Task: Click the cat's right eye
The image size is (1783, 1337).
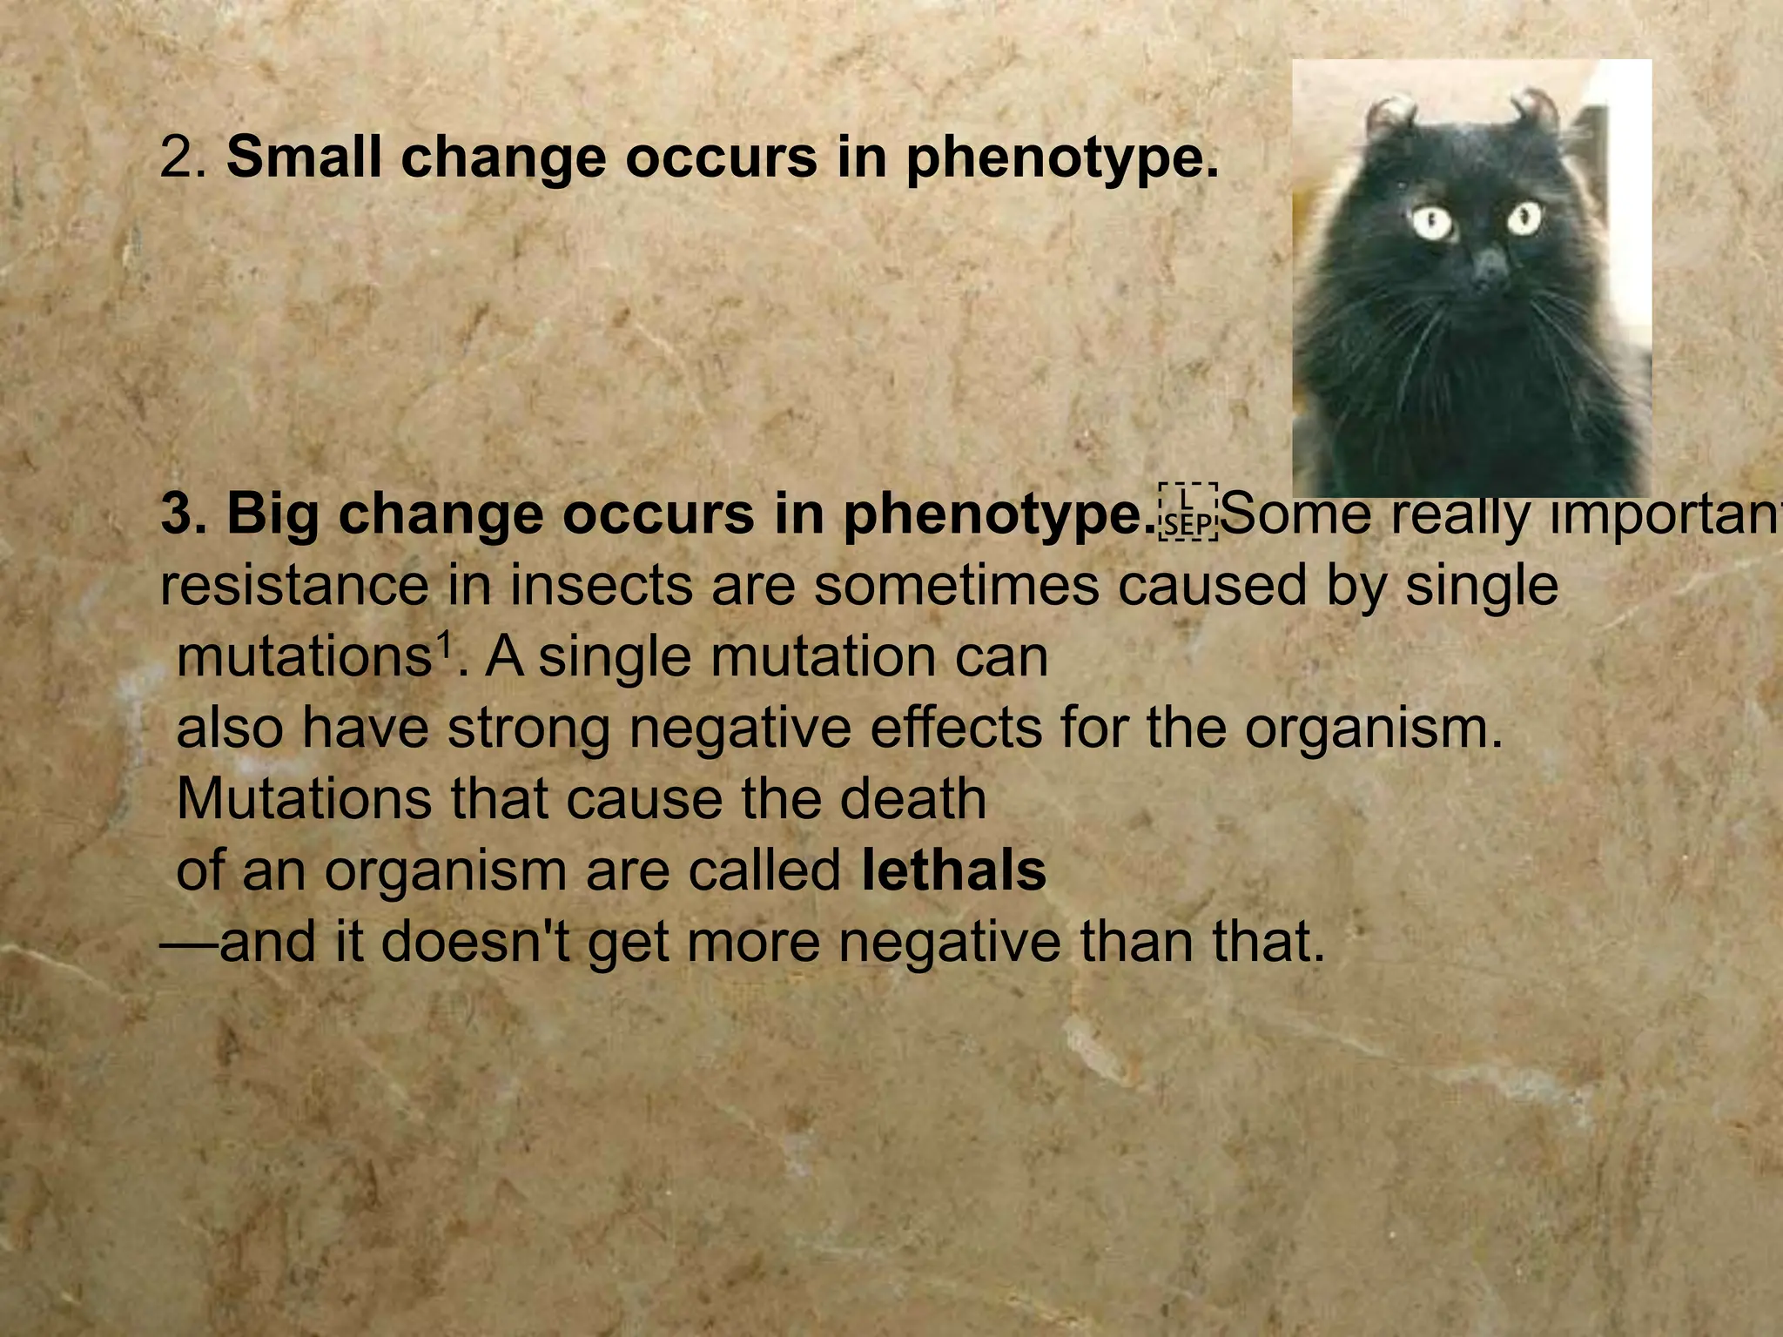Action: [1524, 218]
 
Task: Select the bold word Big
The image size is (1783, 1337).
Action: [272, 514]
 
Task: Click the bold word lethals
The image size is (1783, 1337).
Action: [953, 870]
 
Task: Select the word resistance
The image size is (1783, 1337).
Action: [294, 585]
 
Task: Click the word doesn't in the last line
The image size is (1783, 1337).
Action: [475, 942]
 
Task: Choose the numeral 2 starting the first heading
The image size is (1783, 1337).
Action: [176, 158]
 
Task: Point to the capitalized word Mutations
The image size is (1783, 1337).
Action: [304, 799]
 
